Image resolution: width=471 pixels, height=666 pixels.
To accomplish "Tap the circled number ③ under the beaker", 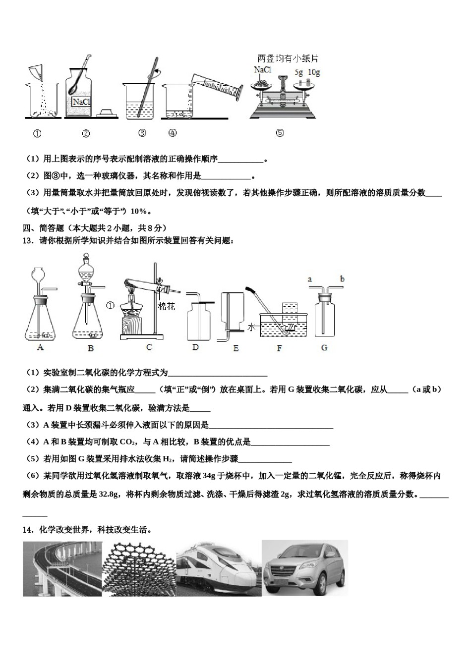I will click(x=142, y=133).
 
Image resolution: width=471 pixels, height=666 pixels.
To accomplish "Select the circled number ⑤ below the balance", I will click(x=280, y=133).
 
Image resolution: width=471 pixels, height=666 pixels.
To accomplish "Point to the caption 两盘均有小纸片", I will click(x=288, y=58).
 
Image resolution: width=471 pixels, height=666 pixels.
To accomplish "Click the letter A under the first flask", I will click(x=41, y=347).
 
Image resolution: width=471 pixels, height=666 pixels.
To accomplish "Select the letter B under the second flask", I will click(x=91, y=348).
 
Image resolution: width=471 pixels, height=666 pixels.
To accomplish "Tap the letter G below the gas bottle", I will click(x=324, y=348).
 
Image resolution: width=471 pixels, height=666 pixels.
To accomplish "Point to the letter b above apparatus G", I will click(x=342, y=279).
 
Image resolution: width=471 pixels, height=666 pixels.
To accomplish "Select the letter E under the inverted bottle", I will click(x=235, y=348).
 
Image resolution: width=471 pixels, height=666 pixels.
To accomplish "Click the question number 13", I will click(x=28, y=240).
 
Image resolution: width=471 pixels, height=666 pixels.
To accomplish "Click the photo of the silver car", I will click(x=304, y=568).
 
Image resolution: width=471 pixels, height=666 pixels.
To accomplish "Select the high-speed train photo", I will click(x=218, y=568).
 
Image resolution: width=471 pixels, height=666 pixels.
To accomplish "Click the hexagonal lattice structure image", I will click(x=139, y=568).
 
